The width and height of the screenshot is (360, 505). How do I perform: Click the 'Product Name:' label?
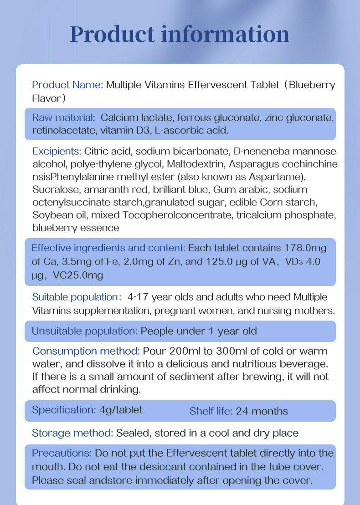pyautogui.click(x=67, y=85)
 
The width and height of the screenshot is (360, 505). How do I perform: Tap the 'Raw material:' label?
pyautogui.click(x=64, y=117)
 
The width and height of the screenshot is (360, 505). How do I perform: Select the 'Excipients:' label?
pyautogui.click(x=57, y=151)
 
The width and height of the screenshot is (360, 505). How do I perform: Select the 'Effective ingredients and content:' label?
pyautogui.click(x=108, y=248)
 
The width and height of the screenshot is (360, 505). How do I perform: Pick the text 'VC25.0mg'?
pyautogui.click(x=78, y=275)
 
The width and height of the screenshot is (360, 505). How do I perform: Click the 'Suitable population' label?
pyautogui.click(x=75, y=297)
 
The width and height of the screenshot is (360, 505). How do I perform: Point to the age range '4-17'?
pyautogui.click(x=138, y=297)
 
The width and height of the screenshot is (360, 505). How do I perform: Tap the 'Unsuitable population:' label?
pyautogui.click(x=84, y=331)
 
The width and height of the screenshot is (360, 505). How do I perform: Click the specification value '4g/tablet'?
pyautogui.click(x=121, y=410)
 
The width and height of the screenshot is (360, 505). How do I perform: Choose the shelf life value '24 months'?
pyautogui.click(x=262, y=411)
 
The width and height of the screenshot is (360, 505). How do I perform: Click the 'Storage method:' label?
pyautogui.click(x=72, y=433)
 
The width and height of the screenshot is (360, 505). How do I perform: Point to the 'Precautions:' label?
pyautogui.click(x=62, y=454)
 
